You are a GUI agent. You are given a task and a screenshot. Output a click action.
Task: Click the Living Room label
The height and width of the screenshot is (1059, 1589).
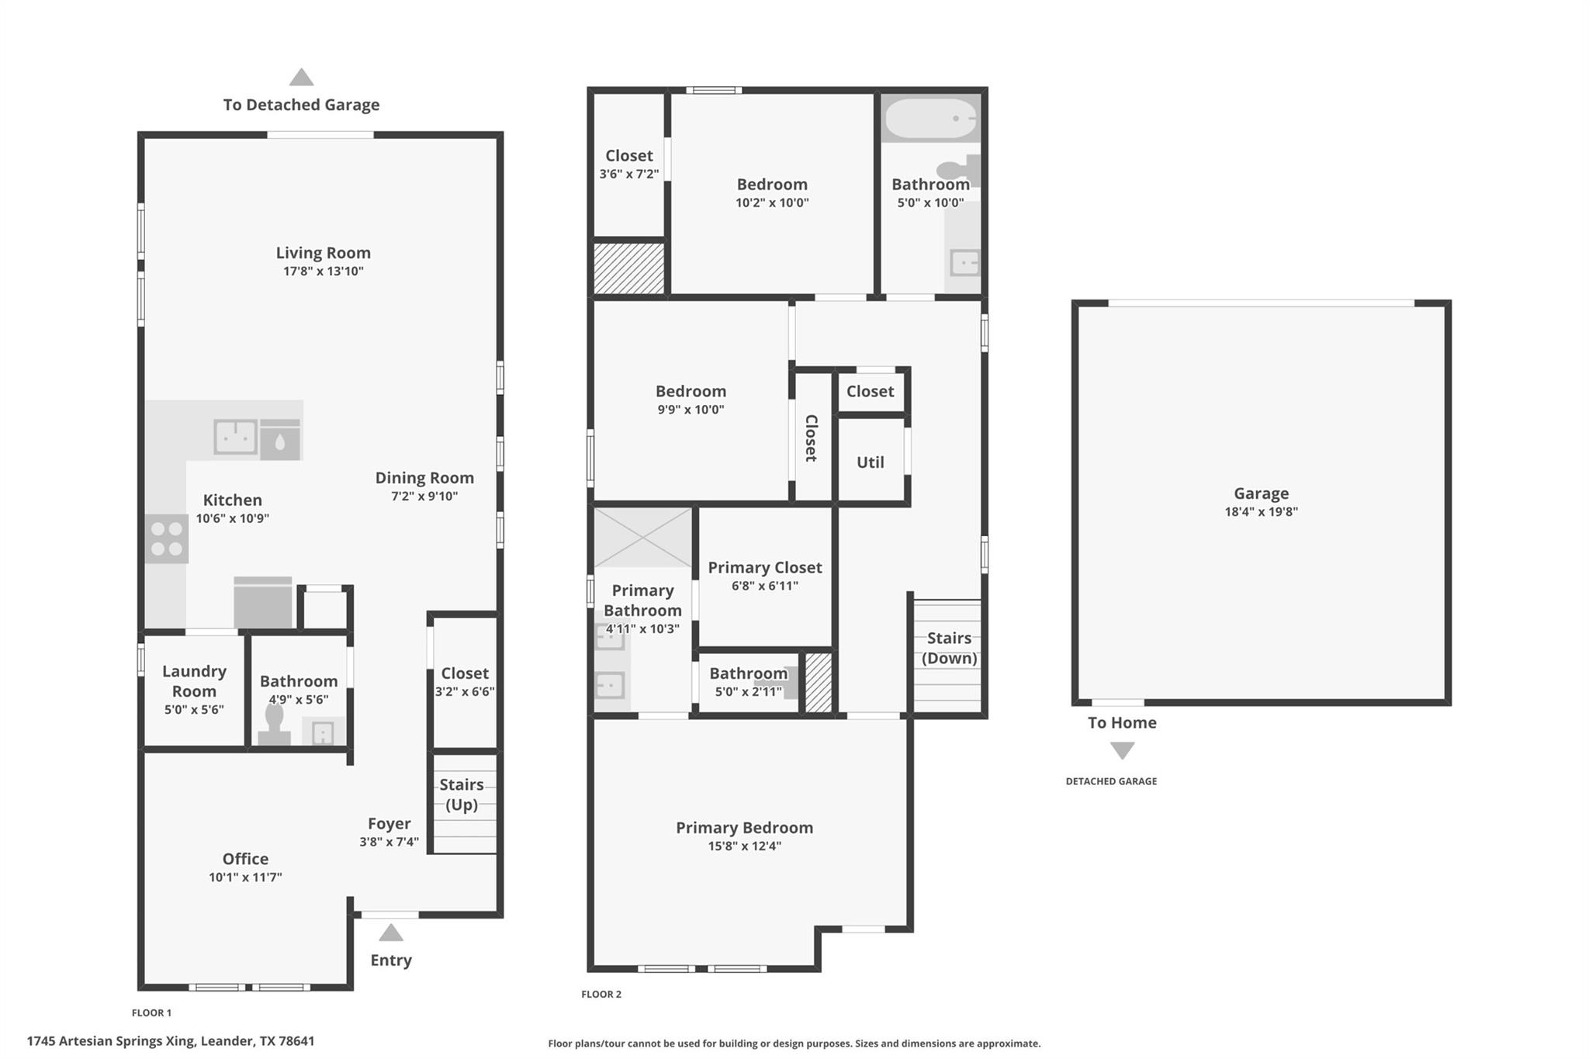pyautogui.click(x=323, y=253)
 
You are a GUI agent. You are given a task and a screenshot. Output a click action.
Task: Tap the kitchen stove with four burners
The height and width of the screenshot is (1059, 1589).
pyautogui.click(x=167, y=539)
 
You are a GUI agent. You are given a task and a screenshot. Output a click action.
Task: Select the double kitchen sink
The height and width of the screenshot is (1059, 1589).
pyautogui.click(x=235, y=437)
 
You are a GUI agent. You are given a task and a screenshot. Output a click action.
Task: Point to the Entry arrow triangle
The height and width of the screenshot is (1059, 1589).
pyautogui.click(x=391, y=933)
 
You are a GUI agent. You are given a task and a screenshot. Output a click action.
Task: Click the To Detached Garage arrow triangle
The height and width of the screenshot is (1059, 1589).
pyautogui.click(x=301, y=78)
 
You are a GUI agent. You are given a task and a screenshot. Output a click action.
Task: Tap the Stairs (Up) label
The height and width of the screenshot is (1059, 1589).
pyautogui.click(x=462, y=794)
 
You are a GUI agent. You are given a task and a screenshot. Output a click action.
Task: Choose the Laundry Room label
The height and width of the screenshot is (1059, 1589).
pyautogui.click(x=194, y=681)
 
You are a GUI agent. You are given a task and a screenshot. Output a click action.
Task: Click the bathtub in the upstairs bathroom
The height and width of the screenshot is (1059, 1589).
pyautogui.click(x=931, y=119)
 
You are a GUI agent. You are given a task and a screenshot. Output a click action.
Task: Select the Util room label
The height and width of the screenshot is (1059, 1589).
pyautogui.click(x=870, y=462)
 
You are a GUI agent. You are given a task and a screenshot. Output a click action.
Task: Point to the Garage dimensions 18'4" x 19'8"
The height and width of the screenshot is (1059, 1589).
pyautogui.click(x=1261, y=512)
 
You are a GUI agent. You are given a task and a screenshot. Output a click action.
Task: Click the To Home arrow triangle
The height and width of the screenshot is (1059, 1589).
pyautogui.click(x=1122, y=750)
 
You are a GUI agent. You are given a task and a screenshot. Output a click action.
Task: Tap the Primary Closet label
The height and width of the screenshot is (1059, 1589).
pyautogui.click(x=764, y=568)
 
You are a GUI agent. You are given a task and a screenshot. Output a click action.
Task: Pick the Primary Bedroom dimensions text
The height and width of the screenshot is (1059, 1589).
pyautogui.click(x=744, y=846)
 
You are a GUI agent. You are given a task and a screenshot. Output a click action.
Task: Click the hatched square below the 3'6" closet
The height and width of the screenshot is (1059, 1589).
pyautogui.click(x=629, y=268)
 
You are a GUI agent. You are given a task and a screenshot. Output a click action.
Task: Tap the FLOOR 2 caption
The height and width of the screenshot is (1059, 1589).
pyautogui.click(x=601, y=994)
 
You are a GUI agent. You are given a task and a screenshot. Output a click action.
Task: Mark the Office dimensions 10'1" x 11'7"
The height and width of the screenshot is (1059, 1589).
pyautogui.click(x=245, y=877)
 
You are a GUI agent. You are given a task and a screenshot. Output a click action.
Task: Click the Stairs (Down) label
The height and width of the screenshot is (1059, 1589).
pyautogui.click(x=949, y=648)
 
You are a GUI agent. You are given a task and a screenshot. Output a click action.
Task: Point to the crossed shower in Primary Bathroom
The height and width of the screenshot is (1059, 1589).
pyautogui.click(x=642, y=538)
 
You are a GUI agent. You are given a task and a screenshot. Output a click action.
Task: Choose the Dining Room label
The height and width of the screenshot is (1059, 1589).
pyautogui.click(x=424, y=478)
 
